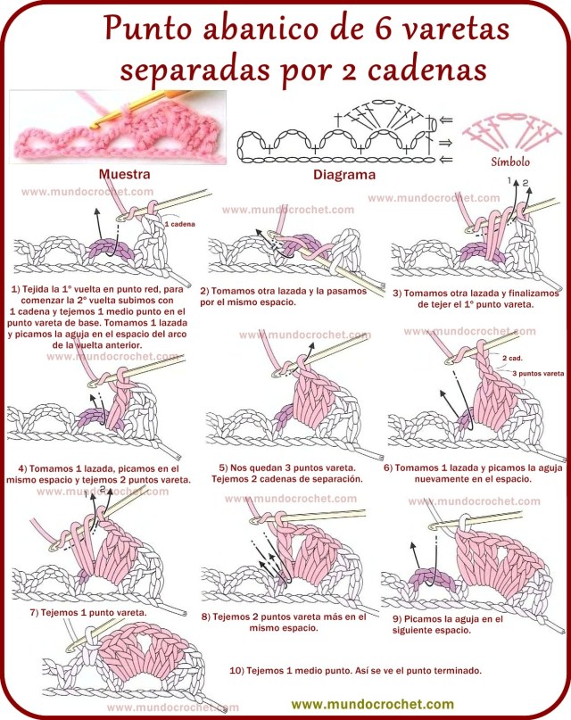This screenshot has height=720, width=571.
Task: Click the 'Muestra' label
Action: point(124,174)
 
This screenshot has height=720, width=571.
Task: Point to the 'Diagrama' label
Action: point(343,175)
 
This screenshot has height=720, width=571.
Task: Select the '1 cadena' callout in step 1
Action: point(180,225)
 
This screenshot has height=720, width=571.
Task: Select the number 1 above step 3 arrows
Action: point(512,180)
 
